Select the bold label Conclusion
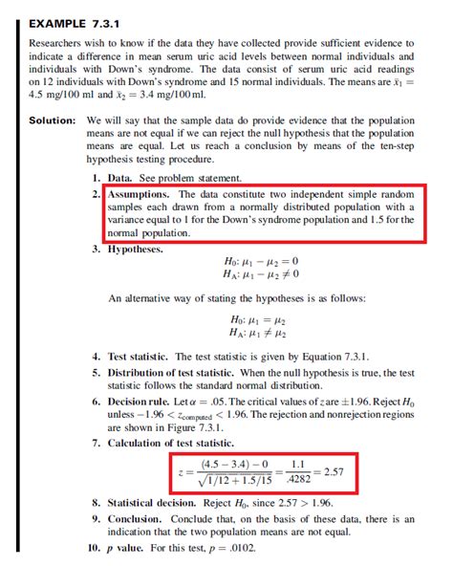(x=141, y=518)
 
